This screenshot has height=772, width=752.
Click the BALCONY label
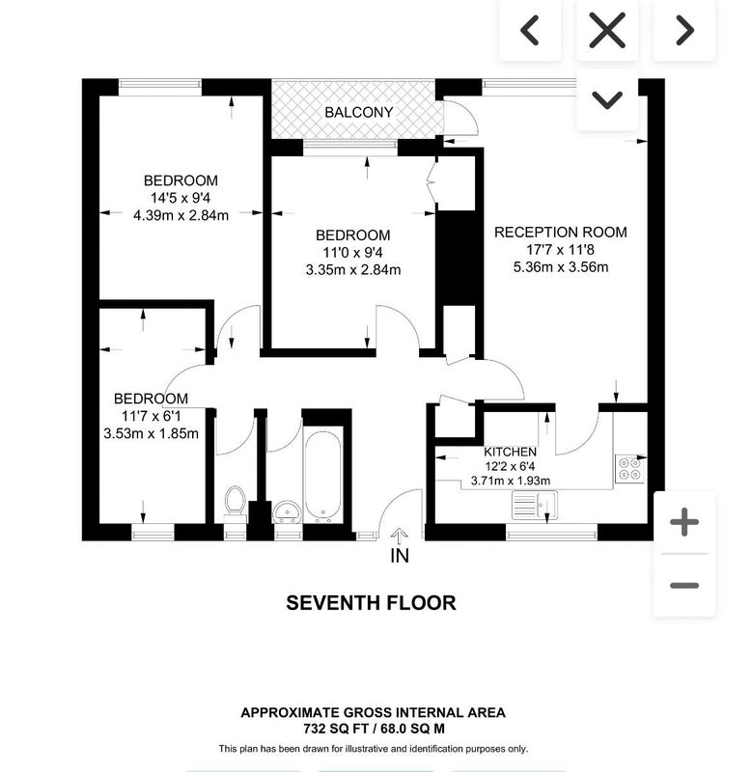coord(358,112)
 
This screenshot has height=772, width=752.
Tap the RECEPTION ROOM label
coord(561,233)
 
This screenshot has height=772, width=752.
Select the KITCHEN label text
coord(511,452)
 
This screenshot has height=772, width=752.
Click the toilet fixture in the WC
coord(235,501)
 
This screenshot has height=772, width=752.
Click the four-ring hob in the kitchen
coord(629,468)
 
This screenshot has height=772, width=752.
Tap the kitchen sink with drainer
coord(535,505)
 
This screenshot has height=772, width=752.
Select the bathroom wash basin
coord(288,512)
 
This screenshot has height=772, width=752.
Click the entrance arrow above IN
coord(400,537)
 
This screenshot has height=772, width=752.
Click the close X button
coord(607,31)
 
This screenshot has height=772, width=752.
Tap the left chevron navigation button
coord(530,31)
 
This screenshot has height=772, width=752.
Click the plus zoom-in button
coord(684,522)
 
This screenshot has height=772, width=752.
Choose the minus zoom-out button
coord(684,586)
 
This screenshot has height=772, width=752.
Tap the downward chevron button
coord(607,100)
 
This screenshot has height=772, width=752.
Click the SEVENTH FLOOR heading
coord(371,603)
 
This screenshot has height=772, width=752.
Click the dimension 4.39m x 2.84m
coord(181,215)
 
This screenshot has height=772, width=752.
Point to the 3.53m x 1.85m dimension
coord(152,433)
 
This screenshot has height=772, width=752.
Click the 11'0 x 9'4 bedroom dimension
coord(352,253)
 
